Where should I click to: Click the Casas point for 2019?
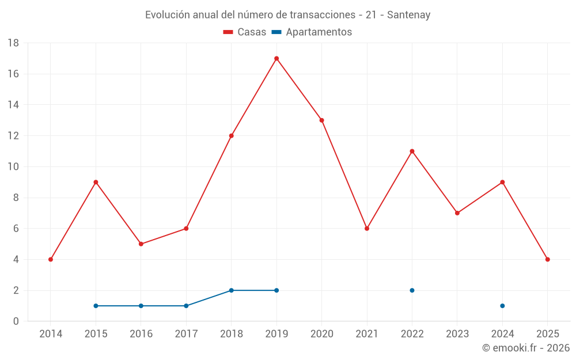276,58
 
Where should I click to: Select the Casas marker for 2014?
51,259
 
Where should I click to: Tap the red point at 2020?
321,120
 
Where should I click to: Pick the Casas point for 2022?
412,151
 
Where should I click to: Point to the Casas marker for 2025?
547,259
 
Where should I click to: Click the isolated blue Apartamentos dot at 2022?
412,290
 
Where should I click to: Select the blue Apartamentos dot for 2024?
502,306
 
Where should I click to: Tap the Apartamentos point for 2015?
96,306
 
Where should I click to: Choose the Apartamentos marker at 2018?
231,290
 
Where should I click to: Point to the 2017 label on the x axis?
186,334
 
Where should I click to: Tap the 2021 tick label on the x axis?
367,334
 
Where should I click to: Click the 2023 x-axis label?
457,334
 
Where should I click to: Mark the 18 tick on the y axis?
13,43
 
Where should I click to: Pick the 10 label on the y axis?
13,167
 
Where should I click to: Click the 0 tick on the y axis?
16,321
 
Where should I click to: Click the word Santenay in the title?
408,15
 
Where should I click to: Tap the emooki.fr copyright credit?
525,348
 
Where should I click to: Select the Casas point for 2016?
141,244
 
